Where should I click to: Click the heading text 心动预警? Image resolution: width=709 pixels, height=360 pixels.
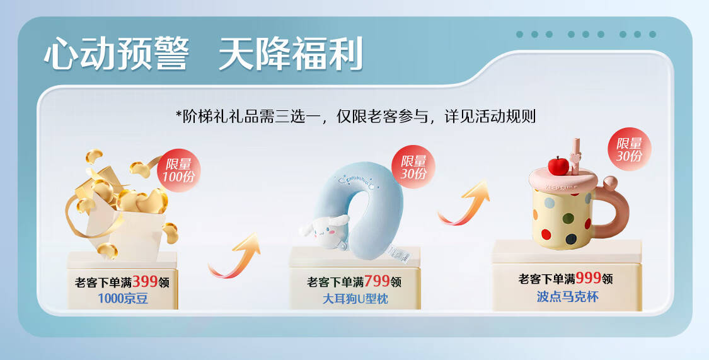(x=116, y=54)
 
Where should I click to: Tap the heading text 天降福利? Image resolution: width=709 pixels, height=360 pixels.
(x=291, y=54)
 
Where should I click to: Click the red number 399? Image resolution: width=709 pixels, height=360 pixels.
(x=145, y=282)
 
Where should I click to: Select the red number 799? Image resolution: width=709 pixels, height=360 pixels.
(x=377, y=281)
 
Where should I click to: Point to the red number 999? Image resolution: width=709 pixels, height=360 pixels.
(x=588, y=277)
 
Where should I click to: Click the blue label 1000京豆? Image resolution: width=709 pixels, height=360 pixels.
(x=123, y=298)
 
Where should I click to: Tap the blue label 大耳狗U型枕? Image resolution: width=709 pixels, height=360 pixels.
(x=355, y=298)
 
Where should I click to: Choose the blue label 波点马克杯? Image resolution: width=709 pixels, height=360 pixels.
(x=567, y=296)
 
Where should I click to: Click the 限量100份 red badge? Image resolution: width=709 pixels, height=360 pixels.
(x=178, y=170)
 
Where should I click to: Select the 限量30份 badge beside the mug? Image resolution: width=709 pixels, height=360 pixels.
(x=629, y=149)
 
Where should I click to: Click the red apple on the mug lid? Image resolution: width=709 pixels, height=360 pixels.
(x=558, y=166)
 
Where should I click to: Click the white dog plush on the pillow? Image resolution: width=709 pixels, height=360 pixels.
(x=324, y=231)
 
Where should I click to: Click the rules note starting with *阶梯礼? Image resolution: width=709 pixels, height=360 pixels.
(x=355, y=116)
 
